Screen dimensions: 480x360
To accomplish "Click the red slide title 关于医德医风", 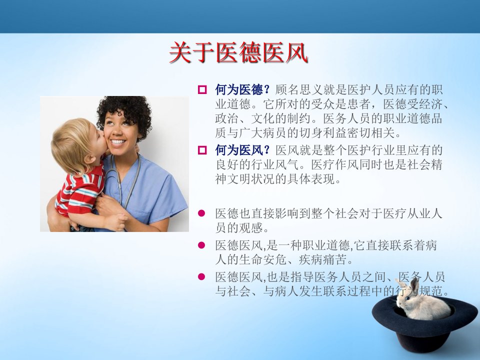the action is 238,52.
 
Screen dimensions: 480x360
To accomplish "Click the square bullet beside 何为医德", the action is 202,90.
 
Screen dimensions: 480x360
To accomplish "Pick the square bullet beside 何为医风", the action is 202,150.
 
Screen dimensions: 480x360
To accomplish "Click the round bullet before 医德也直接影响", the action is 201,213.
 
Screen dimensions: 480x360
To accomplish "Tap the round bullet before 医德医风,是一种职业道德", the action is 201,245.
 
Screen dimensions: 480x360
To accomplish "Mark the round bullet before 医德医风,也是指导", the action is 201,276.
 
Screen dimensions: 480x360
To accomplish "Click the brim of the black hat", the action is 382,318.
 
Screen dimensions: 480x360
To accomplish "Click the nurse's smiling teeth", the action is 118,142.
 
